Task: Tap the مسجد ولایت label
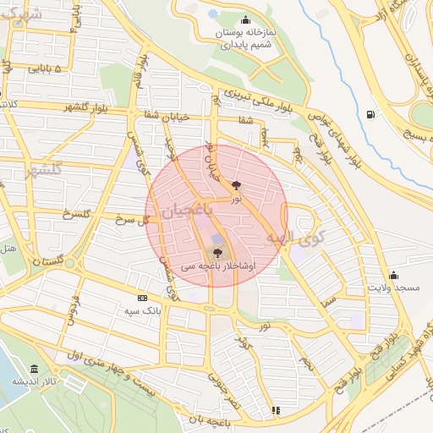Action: pyautogui.click(x=393, y=288)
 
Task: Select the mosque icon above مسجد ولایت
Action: pyautogui.click(x=393, y=275)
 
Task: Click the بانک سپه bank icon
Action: pyautogui.click(x=141, y=298)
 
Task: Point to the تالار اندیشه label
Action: pyautogui.click(x=28, y=381)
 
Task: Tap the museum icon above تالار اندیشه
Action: pyautogui.click(x=34, y=369)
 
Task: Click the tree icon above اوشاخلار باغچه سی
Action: pyautogui.click(x=218, y=251)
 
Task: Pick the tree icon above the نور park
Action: pyautogui.click(x=236, y=184)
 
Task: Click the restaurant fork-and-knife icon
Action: pyautogui.click(x=275, y=411)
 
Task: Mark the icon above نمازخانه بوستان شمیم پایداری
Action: pyautogui.click(x=245, y=21)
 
